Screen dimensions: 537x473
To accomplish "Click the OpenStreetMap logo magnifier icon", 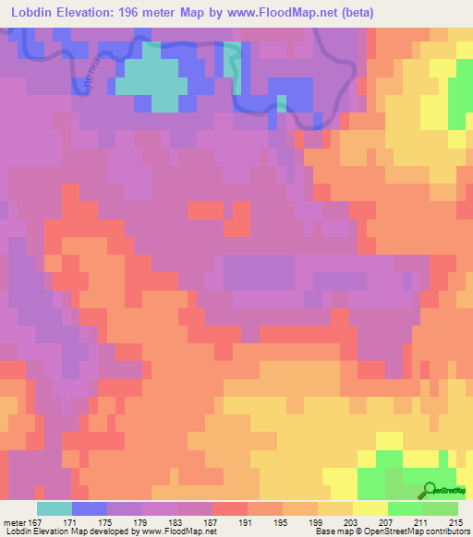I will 431,490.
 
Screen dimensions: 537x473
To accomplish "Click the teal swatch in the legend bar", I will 55,508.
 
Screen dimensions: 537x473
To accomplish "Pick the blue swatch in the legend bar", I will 90,508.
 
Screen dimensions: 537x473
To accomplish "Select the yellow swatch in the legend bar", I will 370,508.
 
